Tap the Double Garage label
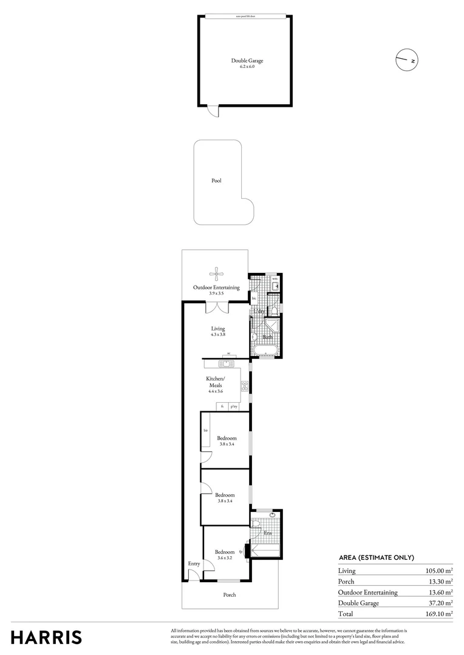(247, 61)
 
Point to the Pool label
(216, 181)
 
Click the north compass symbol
(407, 59)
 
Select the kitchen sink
(226, 364)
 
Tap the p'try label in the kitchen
(233, 406)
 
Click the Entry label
(194, 564)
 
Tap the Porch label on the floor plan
(230, 595)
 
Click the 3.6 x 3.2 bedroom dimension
(225, 558)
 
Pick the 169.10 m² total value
(440, 614)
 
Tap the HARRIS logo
(47, 637)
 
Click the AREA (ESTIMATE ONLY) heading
(376, 557)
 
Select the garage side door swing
(212, 111)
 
